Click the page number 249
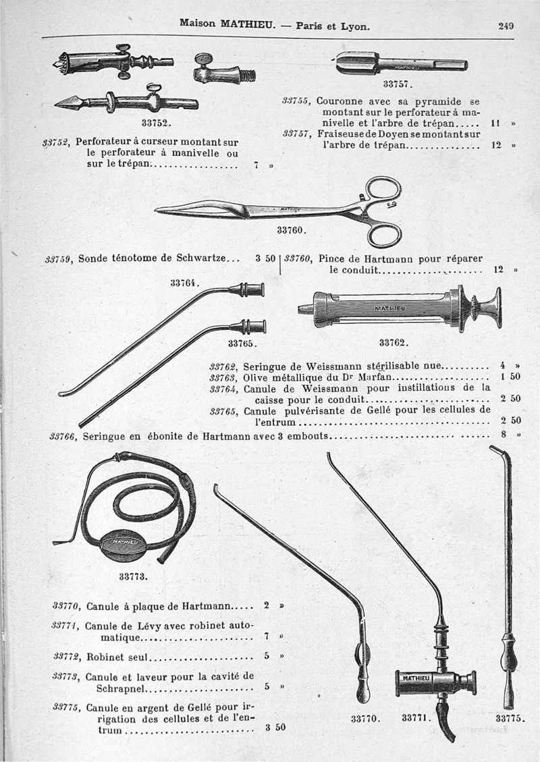point(506,26)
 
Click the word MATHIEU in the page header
point(246,24)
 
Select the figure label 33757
point(397,84)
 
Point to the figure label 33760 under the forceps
point(292,230)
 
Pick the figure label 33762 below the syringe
point(393,342)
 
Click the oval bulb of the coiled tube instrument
point(122,543)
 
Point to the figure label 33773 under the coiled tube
point(133,577)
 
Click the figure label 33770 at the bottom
point(366,719)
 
